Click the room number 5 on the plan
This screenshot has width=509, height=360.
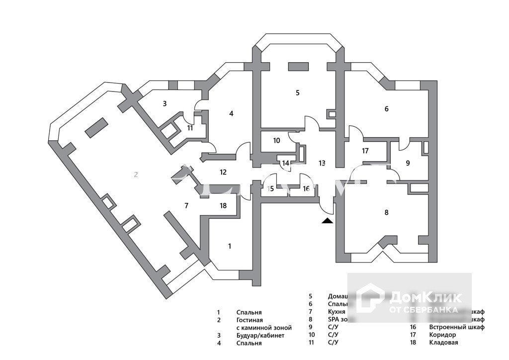tap(298, 92)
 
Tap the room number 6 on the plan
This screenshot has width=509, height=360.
tap(387, 109)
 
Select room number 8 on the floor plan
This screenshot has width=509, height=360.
tap(387, 212)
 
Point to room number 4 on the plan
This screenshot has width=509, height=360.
tap(231, 113)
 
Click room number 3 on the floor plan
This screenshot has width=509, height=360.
tap(165, 103)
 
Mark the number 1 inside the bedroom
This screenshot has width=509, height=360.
tap(230, 246)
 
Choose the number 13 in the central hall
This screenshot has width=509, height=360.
tap(322, 163)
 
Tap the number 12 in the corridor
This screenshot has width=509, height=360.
tap(223, 172)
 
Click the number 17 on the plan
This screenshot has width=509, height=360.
tap(365, 151)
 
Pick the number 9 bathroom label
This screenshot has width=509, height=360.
tap(408, 163)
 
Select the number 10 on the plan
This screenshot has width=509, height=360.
tap(276, 141)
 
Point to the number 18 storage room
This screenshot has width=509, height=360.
tap(223, 205)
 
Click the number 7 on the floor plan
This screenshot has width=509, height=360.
tap(186, 205)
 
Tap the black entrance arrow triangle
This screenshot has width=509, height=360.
tap(327, 221)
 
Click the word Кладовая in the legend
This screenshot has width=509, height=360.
tap(444, 343)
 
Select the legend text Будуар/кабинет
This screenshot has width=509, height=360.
tap(260, 336)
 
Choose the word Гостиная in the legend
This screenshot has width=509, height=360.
tap(250, 320)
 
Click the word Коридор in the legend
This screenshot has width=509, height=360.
tap(442, 335)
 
